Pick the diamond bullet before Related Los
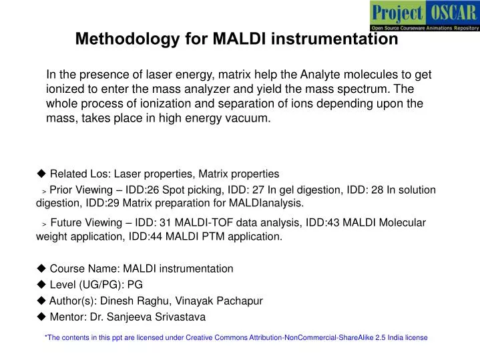(x=41, y=174)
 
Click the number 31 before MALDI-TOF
(x=158, y=223)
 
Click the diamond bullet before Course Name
(x=41, y=268)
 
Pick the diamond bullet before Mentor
(x=41, y=317)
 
